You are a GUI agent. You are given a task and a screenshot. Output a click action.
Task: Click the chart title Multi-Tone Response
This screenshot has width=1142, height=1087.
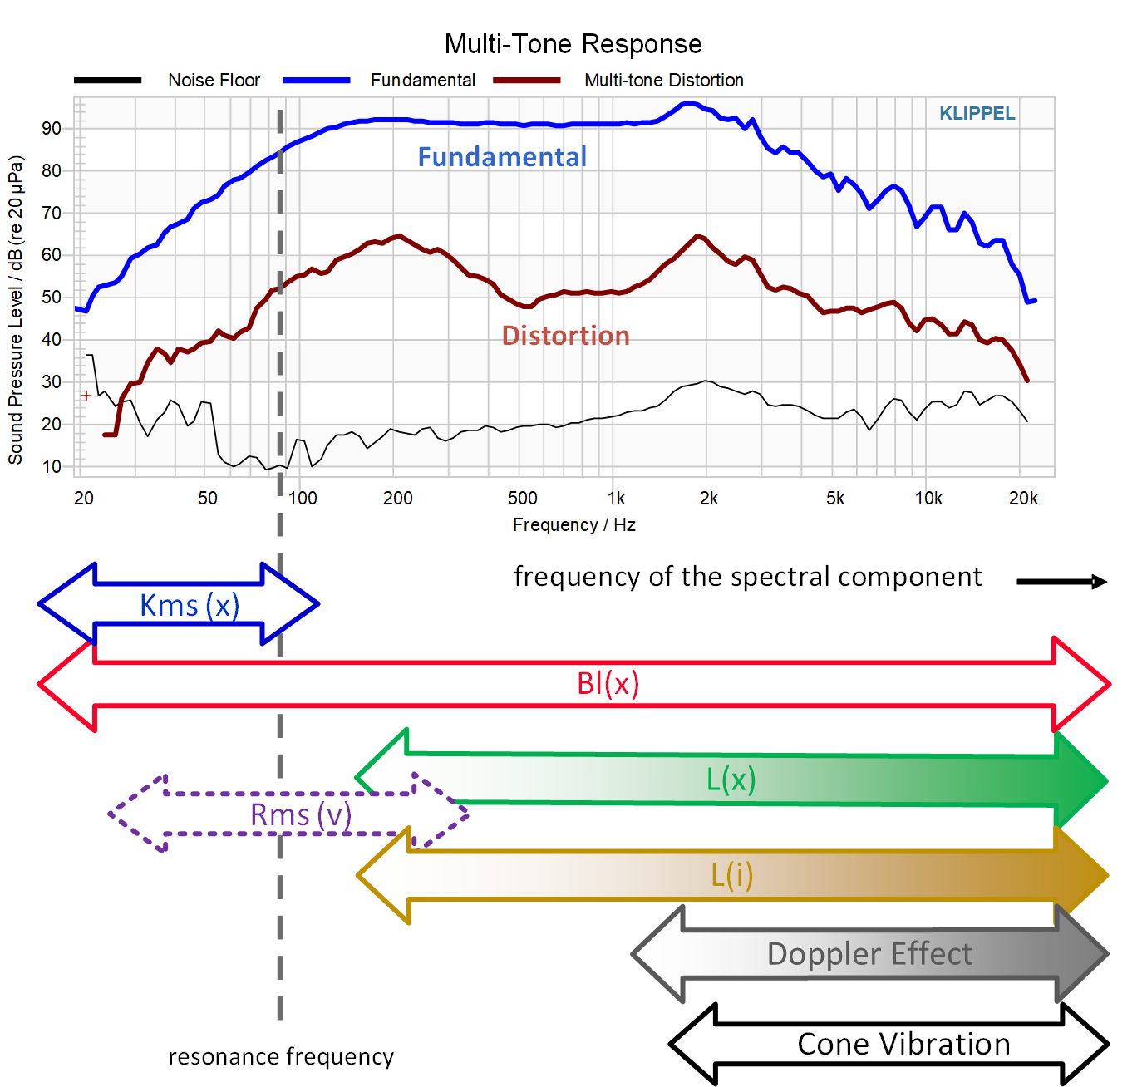point(573,44)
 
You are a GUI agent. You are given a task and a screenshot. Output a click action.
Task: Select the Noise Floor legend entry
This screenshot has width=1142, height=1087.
point(214,81)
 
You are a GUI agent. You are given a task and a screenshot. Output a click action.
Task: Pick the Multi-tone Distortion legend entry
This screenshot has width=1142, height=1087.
point(663,81)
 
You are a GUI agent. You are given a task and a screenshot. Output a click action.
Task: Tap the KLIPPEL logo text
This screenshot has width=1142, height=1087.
point(977,114)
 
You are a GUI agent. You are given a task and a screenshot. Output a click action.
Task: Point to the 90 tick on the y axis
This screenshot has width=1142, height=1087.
point(52,129)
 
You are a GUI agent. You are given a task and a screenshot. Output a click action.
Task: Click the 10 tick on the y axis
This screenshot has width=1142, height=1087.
point(52,467)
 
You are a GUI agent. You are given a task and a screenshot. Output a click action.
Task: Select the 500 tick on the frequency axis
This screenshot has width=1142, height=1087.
point(523,499)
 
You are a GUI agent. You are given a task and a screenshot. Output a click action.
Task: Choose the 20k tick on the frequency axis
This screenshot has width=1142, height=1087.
point(1023,499)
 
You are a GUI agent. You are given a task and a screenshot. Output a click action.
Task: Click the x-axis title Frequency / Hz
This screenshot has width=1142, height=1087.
point(573,525)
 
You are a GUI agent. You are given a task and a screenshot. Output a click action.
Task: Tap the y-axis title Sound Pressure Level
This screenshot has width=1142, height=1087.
point(16,309)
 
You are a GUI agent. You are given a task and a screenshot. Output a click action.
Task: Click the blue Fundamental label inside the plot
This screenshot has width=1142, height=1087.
point(502,157)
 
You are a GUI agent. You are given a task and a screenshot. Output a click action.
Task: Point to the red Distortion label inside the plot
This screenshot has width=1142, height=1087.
point(565,336)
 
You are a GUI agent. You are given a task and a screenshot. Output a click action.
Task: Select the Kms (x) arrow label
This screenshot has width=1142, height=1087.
point(190,606)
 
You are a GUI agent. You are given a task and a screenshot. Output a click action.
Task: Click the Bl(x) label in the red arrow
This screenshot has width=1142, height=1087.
point(608,684)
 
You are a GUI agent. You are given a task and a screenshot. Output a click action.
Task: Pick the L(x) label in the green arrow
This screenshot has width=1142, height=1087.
point(731,780)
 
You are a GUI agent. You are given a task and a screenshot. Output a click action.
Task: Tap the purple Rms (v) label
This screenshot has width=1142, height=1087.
point(301,815)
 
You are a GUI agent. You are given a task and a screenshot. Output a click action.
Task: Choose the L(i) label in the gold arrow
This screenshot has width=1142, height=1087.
point(731,875)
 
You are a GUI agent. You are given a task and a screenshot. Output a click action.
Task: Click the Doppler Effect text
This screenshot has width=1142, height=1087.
point(869,954)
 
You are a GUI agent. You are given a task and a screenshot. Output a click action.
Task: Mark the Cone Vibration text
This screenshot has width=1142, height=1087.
point(903,1045)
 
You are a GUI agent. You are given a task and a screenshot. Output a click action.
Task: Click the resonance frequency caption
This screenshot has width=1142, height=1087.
point(281,1057)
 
